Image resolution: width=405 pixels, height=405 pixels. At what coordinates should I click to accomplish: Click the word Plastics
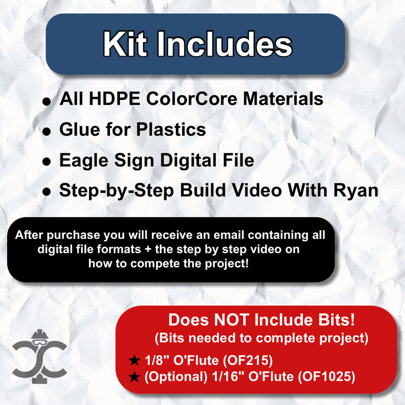(172, 130)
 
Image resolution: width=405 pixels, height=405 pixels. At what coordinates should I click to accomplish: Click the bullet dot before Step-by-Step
(47, 193)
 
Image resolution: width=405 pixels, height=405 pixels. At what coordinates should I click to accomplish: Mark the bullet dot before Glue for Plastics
(47, 132)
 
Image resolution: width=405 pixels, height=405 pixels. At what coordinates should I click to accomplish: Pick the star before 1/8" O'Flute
(134, 361)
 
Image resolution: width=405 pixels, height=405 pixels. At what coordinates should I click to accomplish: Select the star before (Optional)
(134, 377)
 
